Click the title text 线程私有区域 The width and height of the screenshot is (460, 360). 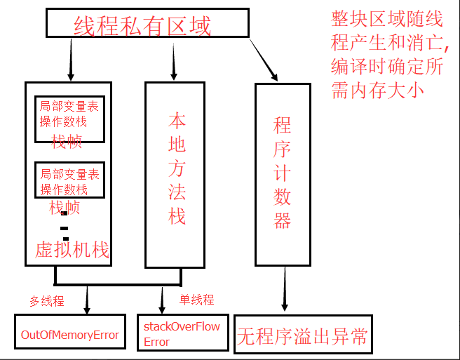pos(142,27)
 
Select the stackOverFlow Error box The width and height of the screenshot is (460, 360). pos(182,334)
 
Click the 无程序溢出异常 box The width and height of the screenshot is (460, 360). pos(303,336)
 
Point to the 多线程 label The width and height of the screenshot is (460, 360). pos(46,301)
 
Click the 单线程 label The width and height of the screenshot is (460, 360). pos(196,300)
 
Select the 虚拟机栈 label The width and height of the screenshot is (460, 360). pos(72,250)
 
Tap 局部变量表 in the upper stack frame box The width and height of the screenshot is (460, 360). pos(69,107)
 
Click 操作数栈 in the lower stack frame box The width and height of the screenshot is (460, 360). pos(64,189)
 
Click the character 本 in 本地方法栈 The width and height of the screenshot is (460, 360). pos(177,120)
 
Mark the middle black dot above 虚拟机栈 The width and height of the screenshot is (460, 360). pos(64,228)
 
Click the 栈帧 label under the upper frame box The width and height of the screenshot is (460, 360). pos(67,142)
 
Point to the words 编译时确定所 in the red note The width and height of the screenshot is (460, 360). pos(386,67)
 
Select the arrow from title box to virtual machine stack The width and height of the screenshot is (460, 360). pos(70,59)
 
